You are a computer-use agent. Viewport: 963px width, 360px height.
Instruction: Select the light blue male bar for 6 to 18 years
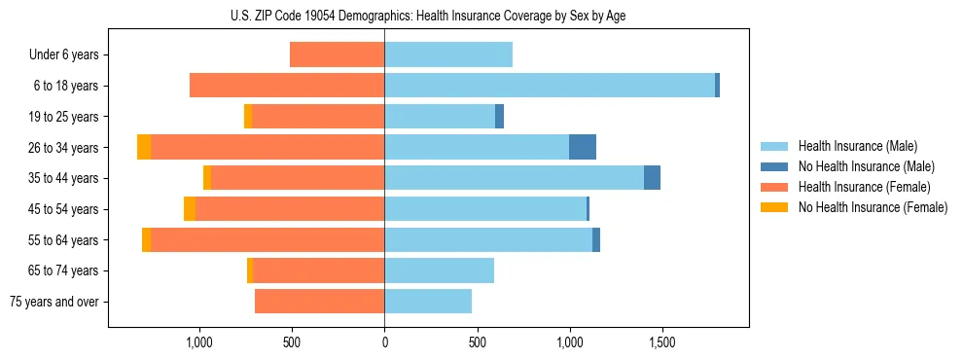550,86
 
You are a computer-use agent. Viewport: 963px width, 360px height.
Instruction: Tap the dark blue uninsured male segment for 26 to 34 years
583,147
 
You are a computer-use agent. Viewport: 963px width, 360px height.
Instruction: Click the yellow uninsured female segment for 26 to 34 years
144,147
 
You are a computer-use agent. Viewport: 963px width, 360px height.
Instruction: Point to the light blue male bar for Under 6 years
448,54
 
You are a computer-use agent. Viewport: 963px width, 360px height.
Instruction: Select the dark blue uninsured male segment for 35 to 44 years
652,178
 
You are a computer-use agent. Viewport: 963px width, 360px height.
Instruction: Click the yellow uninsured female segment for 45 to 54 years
190,209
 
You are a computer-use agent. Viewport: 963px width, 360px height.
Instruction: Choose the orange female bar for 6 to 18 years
287,86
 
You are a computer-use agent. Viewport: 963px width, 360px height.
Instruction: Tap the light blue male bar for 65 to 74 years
439,270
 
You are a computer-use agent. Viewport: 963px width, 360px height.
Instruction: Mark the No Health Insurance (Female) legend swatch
774,207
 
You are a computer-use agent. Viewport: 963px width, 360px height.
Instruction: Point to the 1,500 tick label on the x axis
662,342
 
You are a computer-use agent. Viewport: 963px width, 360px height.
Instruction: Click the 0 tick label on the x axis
384,342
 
